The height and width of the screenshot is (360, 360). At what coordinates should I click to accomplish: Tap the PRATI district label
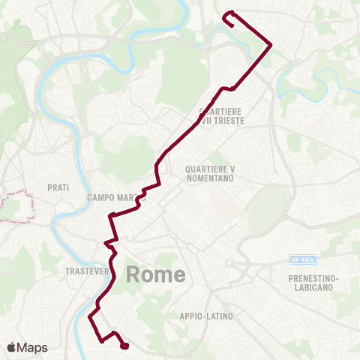(x=58, y=187)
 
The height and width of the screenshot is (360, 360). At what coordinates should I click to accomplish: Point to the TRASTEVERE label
(x=88, y=270)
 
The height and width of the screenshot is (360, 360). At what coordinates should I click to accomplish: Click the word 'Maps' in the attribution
(x=33, y=347)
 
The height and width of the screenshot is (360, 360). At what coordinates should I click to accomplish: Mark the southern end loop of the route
(x=124, y=345)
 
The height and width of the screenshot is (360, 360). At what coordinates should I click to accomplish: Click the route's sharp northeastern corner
(x=270, y=44)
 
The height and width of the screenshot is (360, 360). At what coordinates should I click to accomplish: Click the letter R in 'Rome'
(x=134, y=274)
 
